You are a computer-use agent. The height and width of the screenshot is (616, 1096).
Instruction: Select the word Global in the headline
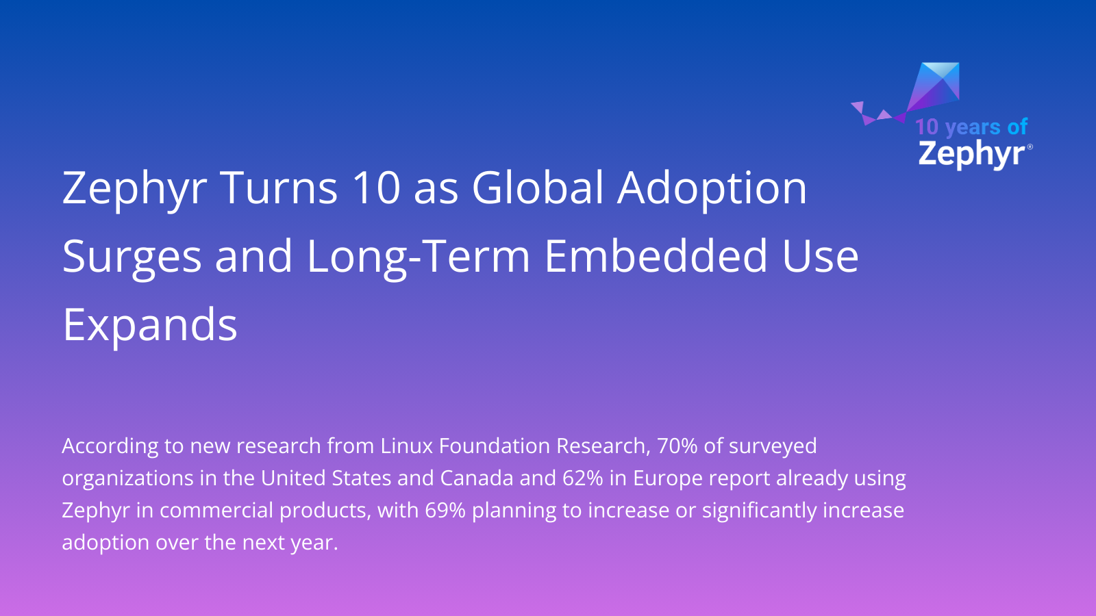pyautogui.click(x=538, y=188)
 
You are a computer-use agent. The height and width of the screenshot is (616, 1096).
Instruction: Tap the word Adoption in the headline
pyautogui.click(x=712, y=189)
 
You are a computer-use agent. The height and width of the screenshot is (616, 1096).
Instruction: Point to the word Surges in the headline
pyautogui.click(x=132, y=257)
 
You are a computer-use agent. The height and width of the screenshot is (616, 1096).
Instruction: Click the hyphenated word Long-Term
pyautogui.click(x=419, y=257)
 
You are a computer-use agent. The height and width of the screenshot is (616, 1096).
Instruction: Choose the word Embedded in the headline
pyautogui.click(x=656, y=256)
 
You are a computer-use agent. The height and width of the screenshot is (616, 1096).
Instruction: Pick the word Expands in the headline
pyautogui.click(x=150, y=326)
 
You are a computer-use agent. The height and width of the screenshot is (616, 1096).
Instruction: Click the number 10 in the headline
pyautogui.click(x=376, y=188)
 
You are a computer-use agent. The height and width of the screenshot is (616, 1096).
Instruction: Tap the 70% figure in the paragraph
pyautogui.click(x=677, y=446)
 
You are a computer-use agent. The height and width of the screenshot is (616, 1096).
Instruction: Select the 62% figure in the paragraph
pyautogui.click(x=582, y=478)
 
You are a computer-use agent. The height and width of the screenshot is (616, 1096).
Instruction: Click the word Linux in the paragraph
pyautogui.click(x=407, y=446)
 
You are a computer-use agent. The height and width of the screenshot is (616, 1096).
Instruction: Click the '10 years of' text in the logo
pyautogui.click(x=971, y=127)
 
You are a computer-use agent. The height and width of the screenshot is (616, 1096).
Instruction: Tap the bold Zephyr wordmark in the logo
pyautogui.click(x=971, y=153)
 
